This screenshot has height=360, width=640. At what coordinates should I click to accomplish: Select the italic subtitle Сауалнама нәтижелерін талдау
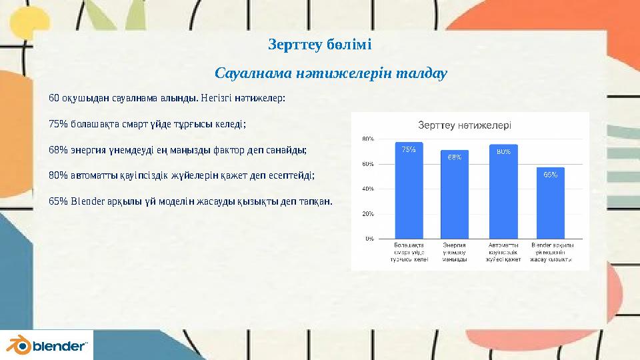pos(331,72)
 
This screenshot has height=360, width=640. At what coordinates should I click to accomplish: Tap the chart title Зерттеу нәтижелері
pos(464,125)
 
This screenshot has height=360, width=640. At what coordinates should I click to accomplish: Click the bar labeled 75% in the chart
pos(409,190)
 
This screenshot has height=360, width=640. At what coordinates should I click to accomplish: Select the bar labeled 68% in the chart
pos(455,194)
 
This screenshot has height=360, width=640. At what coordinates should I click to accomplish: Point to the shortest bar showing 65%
pos(550,203)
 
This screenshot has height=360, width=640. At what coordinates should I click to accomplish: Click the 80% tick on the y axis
pos(367,139)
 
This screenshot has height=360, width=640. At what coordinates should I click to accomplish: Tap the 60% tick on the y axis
pos(367,164)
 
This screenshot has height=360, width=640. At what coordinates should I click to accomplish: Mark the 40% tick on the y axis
pos(367,189)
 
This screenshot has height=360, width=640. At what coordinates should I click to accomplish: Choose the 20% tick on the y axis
pos(367,214)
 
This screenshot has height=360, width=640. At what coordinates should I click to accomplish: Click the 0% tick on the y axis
pos(369,238)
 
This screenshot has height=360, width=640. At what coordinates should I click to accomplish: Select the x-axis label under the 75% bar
pos(409,253)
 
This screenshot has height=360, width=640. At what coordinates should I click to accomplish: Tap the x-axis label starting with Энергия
pos(455,253)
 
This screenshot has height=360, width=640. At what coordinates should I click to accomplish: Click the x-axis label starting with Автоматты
pos(503,253)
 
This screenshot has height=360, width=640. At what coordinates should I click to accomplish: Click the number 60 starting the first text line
pos(53,98)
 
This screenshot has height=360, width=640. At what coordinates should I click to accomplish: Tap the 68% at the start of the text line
pos(59,149)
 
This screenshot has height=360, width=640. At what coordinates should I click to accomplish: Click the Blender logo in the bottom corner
pos(47,345)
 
